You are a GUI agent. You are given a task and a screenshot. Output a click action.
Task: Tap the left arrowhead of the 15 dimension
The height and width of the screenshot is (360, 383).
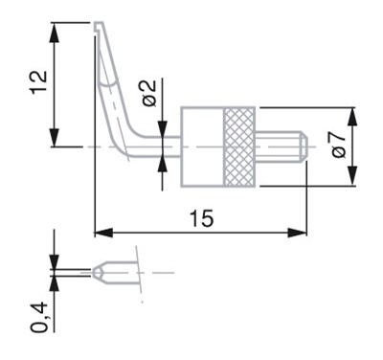tap(102, 232)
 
